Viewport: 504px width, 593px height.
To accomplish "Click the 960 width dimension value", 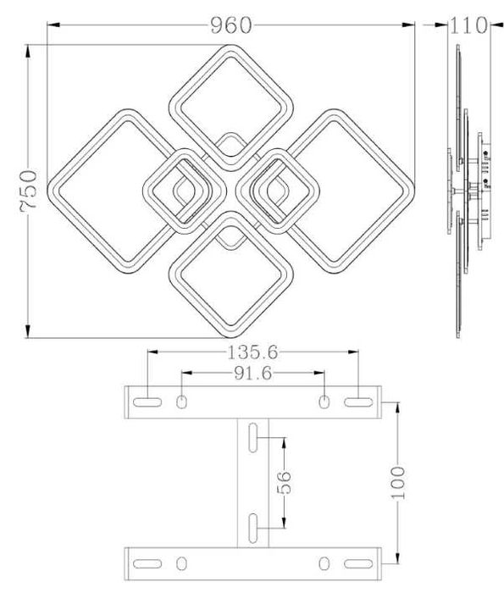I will tap(230, 25).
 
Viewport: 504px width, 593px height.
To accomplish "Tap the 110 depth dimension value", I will tap(468, 25).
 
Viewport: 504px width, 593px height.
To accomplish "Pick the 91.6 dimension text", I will tap(252, 374).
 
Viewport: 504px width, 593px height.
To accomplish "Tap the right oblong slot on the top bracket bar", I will tap(357, 400).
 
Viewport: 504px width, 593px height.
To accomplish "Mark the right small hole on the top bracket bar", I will tap(324, 400).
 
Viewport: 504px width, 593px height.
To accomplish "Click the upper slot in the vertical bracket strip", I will tap(253, 438).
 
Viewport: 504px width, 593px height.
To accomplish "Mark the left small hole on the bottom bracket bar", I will tap(182, 562).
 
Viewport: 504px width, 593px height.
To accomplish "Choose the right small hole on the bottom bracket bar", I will tap(324, 562).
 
